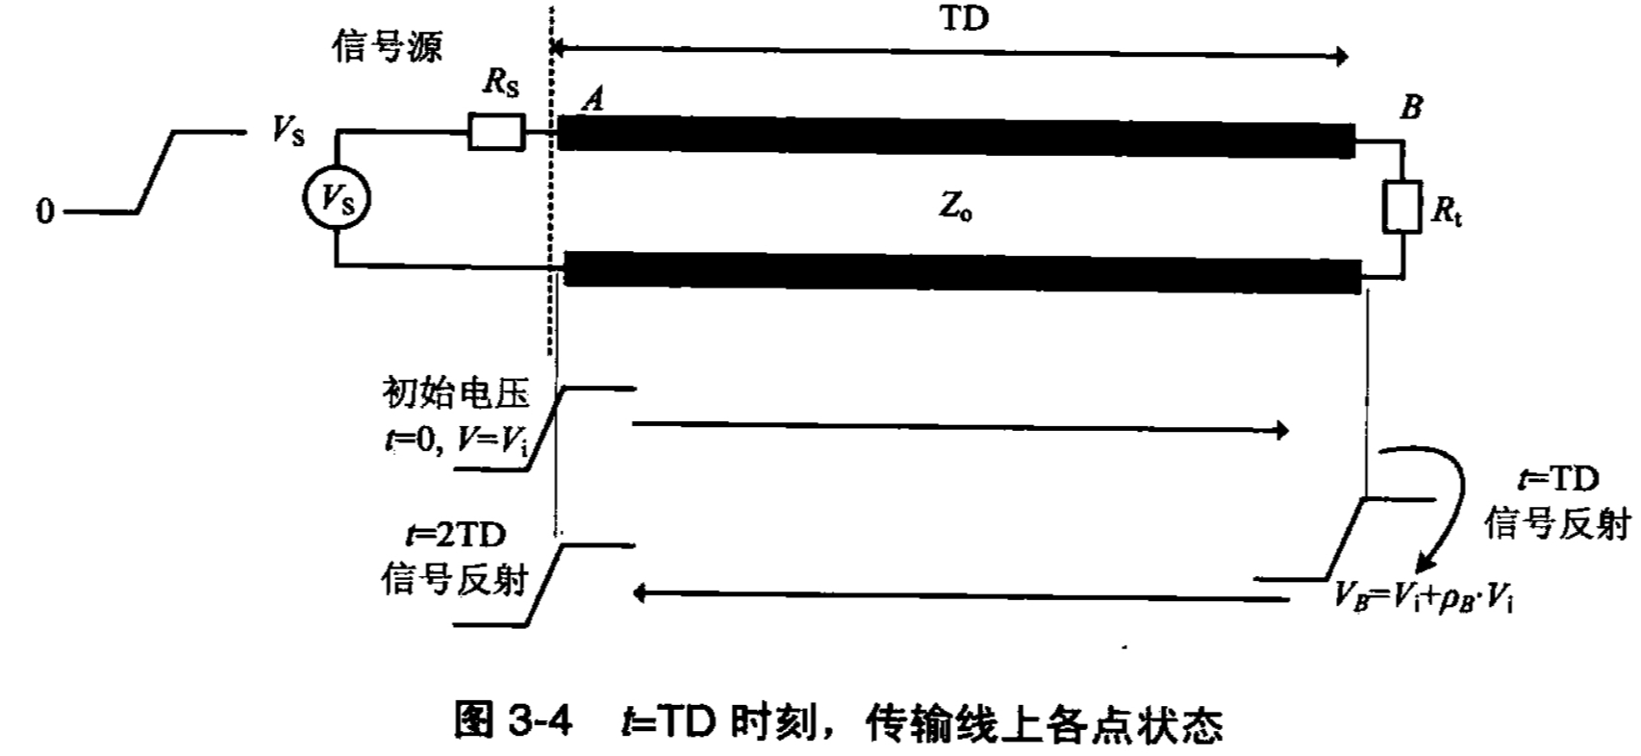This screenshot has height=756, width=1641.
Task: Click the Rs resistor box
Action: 496,133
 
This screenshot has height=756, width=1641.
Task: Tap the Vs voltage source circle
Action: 336,200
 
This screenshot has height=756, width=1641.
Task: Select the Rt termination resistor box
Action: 1401,206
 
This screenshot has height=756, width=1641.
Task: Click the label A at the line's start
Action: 593,98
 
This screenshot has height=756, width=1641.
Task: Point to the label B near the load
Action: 1410,108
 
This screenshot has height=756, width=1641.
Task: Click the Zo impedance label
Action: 955,208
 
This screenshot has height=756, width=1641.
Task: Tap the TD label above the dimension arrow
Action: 963,20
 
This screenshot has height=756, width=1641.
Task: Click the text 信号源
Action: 387,44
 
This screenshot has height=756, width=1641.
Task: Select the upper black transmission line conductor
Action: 954,136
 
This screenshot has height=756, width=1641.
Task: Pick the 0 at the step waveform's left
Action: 44,211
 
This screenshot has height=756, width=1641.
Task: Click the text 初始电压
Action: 457,394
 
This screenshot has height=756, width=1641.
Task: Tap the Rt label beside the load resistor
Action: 1446,213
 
